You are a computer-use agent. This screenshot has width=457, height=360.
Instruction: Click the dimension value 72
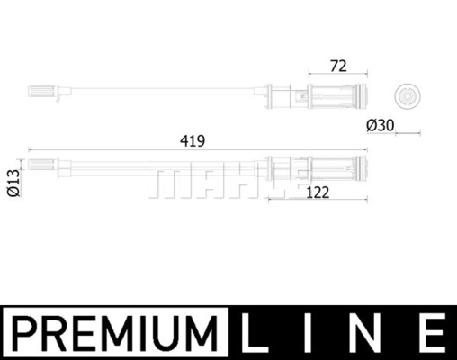point(338,67)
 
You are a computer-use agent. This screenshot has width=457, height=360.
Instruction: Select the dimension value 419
point(193,141)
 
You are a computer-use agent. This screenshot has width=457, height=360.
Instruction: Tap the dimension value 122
point(318,193)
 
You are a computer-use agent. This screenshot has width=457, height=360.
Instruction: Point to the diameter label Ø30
point(381,125)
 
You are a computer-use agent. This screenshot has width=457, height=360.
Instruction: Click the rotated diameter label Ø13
point(13,183)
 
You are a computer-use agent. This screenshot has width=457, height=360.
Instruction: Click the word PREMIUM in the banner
point(115,333)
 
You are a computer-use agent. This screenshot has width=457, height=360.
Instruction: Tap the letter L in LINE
point(254,333)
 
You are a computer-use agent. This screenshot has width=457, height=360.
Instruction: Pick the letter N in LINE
point(364,333)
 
